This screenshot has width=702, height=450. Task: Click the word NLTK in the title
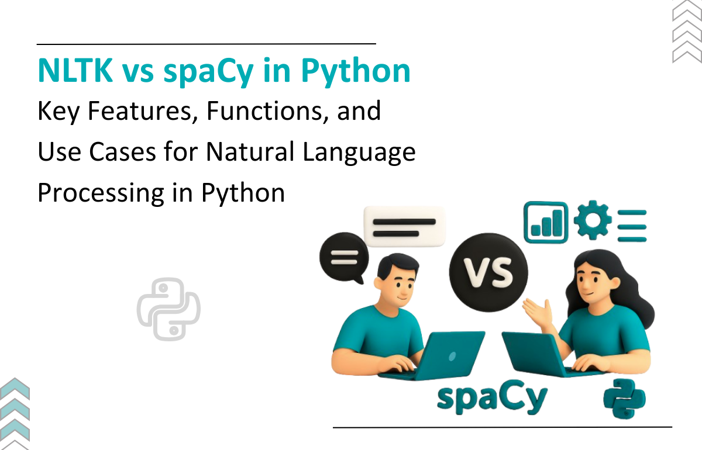point(75,70)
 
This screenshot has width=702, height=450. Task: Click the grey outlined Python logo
point(168,309)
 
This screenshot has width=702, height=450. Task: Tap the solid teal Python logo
point(625,399)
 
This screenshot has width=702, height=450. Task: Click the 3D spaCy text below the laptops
point(492,397)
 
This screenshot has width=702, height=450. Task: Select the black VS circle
point(488,272)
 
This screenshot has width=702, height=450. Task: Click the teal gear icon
point(593,220)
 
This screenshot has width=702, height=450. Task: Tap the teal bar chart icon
point(546,222)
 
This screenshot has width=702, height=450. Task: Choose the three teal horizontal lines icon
point(632,226)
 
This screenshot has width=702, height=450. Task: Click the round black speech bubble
point(344,257)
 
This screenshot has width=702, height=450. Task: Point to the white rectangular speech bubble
point(404,226)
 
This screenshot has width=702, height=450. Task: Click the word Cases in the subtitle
point(122,152)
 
